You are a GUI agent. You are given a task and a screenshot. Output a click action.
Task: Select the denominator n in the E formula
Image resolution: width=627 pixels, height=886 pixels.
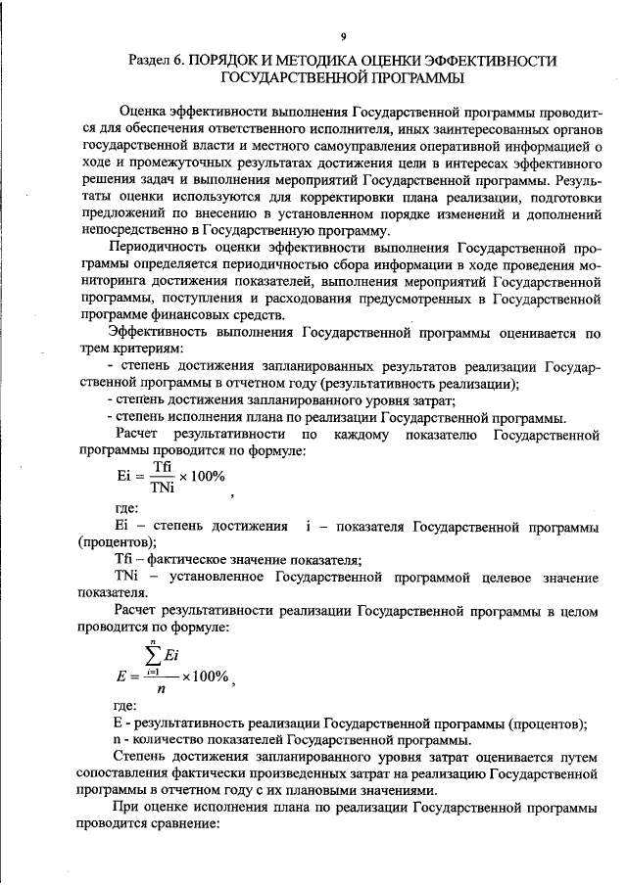tap(150, 687)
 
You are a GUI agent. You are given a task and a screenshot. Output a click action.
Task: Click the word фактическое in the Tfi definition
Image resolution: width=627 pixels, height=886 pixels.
tap(182, 560)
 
